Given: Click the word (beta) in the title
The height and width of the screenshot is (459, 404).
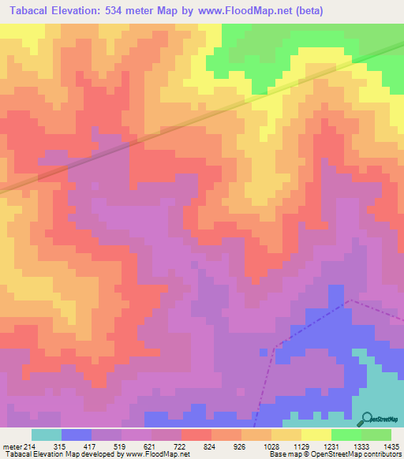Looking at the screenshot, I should [306, 10].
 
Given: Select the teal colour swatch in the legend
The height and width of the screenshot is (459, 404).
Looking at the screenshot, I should [46, 435].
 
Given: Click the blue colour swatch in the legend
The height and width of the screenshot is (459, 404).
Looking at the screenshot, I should [76, 435].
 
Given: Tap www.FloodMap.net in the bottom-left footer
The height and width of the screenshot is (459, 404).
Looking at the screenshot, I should [157, 454].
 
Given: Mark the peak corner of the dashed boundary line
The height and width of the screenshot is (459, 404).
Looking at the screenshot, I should [350, 300].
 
